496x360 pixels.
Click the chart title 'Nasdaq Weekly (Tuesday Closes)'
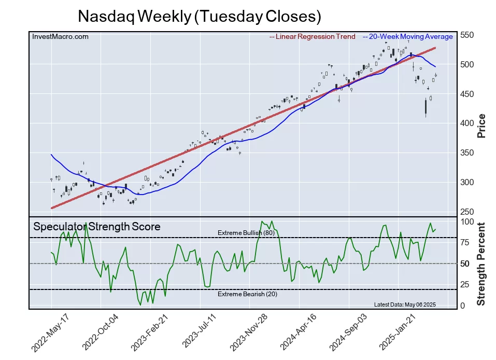tap(200, 16)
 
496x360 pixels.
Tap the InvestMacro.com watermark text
tap(60, 36)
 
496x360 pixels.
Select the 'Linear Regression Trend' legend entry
tap(313, 36)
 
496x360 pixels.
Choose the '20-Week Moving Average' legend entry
tap(407, 36)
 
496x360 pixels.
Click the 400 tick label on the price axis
tap(467, 123)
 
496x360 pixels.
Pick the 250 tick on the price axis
tap(467, 212)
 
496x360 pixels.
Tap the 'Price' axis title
tap(481, 125)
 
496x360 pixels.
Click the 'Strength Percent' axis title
tap(481, 264)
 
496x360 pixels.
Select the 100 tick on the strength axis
tap(467, 221)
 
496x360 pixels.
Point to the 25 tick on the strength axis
tap(465, 285)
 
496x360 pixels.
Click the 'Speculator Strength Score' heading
tap(96, 227)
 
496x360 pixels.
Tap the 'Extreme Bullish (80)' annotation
tap(246, 233)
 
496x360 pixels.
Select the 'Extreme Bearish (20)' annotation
tap(246, 294)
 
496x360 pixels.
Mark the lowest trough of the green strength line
tap(140, 304)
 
